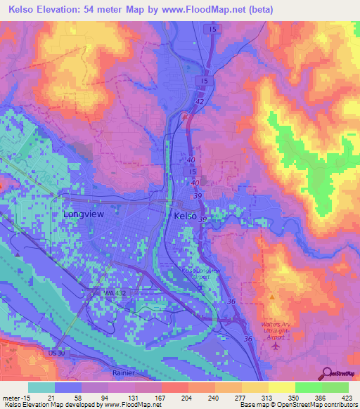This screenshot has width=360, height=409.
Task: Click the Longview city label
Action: pos(84,214)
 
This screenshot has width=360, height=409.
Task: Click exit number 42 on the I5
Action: pos(200,102)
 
